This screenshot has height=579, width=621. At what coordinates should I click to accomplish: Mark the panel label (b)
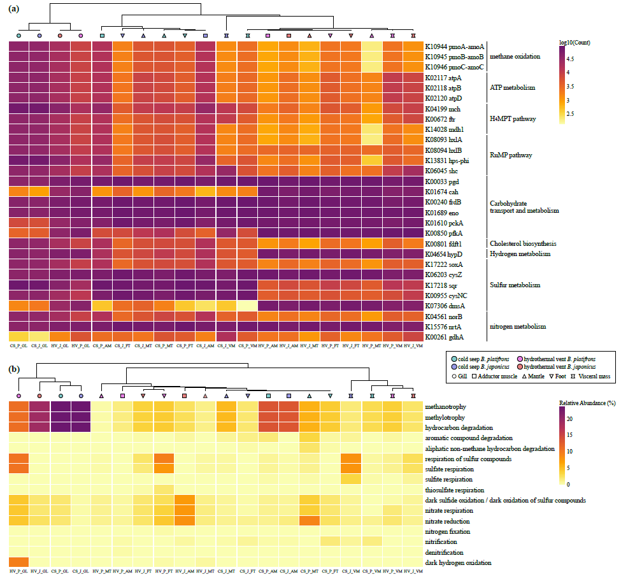[x=12, y=369]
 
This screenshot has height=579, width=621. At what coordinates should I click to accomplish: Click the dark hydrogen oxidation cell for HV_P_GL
[x=18, y=562]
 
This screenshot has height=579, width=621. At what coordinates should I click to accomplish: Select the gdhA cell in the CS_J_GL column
[x=39, y=337]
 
